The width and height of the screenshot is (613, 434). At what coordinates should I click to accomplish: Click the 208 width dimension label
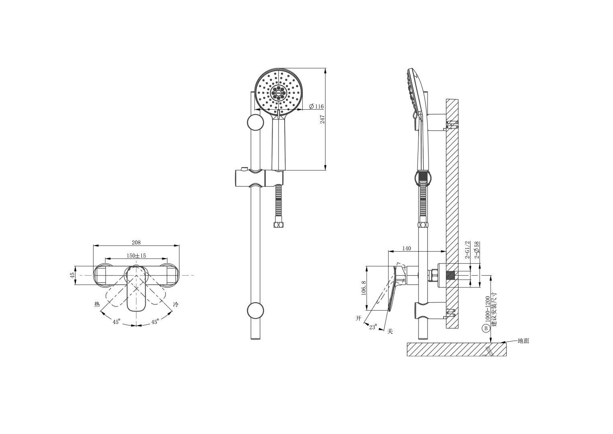click(x=136, y=242)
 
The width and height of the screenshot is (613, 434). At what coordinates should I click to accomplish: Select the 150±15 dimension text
click(x=136, y=256)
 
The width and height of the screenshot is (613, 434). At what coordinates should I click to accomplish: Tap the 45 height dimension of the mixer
click(x=73, y=275)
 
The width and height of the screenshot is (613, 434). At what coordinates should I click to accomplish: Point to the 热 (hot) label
click(x=97, y=305)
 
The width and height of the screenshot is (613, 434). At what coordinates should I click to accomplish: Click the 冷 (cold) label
click(x=176, y=305)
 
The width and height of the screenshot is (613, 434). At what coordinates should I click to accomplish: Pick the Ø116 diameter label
click(x=316, y=106)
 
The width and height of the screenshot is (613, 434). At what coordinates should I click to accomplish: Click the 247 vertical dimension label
click(x=322, y=119)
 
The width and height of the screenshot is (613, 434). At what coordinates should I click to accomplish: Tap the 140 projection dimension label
click(x=407, y=248)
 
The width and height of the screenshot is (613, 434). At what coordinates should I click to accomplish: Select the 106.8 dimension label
click(x=364, y=288)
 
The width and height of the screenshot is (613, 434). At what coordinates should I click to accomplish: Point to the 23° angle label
click(x=373, y=327)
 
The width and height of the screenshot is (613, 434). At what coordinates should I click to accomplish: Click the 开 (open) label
click(x=358, y=318)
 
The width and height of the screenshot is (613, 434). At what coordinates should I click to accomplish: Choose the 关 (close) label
click(x=390, y=332)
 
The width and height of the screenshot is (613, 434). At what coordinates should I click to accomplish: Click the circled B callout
click(x=486, y=329)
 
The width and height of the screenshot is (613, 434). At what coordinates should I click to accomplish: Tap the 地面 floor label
click(x=523, y=341)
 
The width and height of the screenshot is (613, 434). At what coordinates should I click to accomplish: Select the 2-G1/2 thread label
click(x=467, y=250)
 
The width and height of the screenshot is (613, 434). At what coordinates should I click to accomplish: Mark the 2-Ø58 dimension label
click(x=477, y=250)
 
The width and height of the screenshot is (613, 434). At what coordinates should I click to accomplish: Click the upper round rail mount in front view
click(x=255, y=122)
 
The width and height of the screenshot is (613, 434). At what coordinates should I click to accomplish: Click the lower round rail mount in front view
click(x=255, y=311)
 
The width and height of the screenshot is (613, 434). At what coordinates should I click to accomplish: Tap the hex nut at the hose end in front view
click(x=278, y=225)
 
